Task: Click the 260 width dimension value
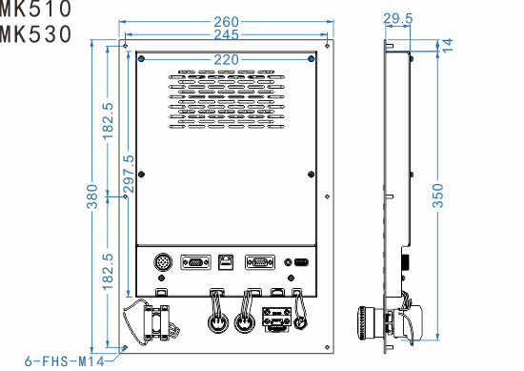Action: [x=227, y=21]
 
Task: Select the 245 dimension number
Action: [x=227, y=36]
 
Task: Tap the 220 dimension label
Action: [x=227, y=59]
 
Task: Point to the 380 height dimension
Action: [x=92, y=198]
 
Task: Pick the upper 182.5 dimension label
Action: [x=108, y=119]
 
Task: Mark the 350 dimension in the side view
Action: [x=437, y=198]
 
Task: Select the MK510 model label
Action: [x=35, y=10]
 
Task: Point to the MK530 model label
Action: [x=35, y=35]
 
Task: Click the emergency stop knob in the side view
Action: [x=367, y=320]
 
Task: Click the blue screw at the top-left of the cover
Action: [x=141, y=59]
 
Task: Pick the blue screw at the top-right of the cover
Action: [x=312, y=59]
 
